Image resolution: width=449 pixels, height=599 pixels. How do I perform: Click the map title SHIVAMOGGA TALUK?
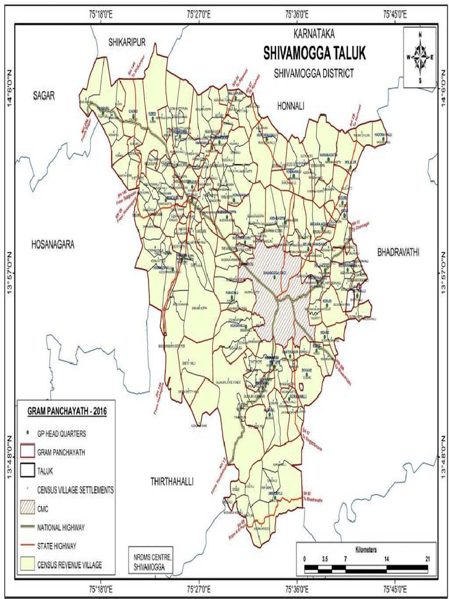pos(315,53)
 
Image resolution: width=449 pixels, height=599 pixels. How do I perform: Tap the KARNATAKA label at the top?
pos(315,35)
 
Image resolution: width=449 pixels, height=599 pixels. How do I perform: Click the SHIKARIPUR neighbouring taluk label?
pos(126,40)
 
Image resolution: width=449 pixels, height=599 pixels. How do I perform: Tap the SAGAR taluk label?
pos(43,97)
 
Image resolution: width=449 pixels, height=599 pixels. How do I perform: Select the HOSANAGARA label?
pos(53,245)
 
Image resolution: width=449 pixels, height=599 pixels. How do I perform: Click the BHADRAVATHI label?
pos(399,252)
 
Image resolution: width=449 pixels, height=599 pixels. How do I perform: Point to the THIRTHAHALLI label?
pos(172,481)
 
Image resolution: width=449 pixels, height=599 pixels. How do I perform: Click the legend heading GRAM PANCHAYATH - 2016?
pos(63,411)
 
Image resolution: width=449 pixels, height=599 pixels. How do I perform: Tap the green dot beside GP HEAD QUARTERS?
pos(28,433)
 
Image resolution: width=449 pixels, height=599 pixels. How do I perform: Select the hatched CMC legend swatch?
pos(28,508)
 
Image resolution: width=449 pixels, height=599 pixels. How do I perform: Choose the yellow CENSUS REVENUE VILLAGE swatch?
pos(28,565)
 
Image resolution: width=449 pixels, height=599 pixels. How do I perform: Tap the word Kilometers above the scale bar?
pos(366,550)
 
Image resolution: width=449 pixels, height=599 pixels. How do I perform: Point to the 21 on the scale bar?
pos(427,559)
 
